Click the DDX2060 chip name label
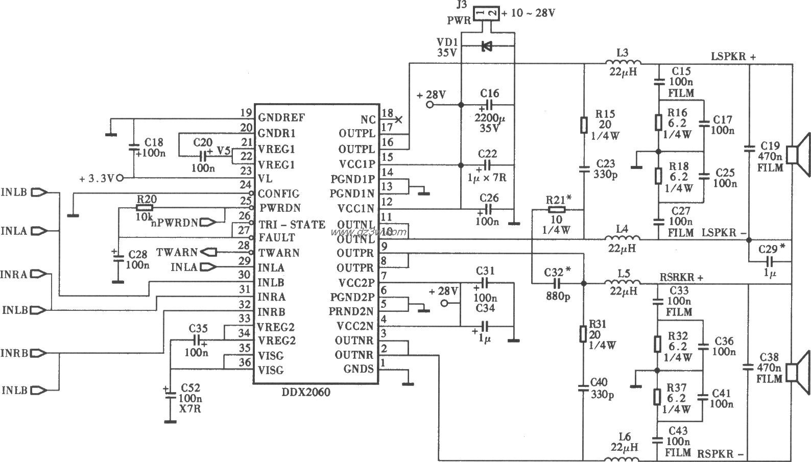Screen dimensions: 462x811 pos(306,392)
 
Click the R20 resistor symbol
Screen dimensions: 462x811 pos(145,208)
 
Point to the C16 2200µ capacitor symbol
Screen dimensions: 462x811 pos(488,106)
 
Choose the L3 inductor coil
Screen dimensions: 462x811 pos(623,63)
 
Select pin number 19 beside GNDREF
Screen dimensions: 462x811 pos(246,113)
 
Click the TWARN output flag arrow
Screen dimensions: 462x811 pos(209,252)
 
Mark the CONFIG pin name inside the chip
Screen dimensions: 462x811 pos(278,193)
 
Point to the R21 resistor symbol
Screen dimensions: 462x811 pos(556,209)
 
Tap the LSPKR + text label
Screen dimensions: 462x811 pos(733,57)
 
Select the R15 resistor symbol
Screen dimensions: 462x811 pos(584,125)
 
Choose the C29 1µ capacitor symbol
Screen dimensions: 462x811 pos(769,262)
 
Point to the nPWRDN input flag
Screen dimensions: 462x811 pos(209,222)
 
